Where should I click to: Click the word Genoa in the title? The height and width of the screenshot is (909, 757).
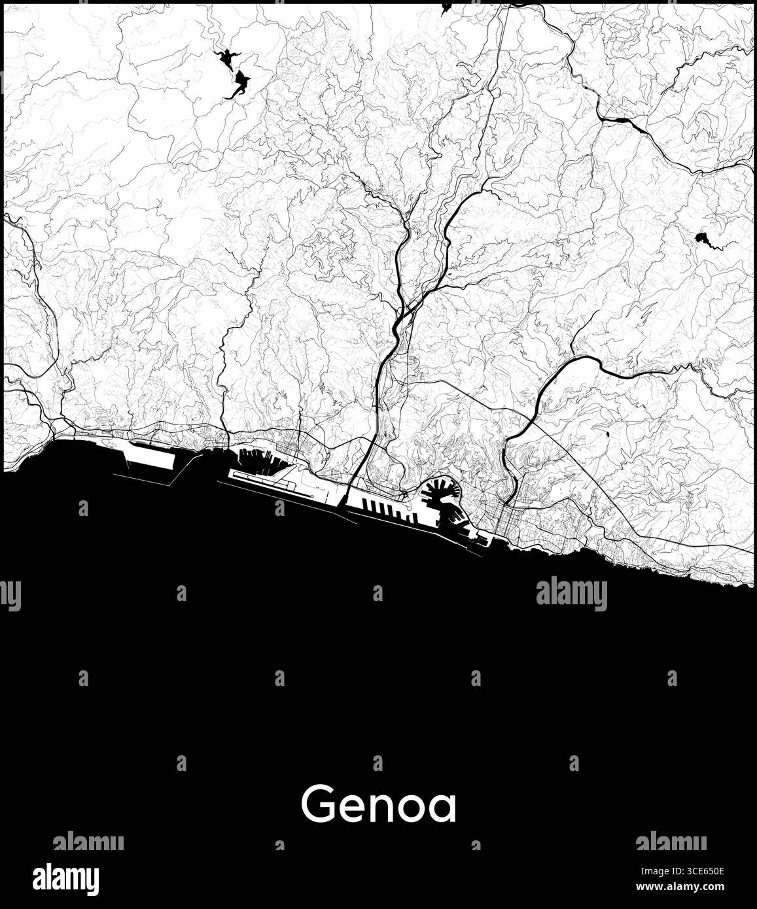[378, 805]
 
